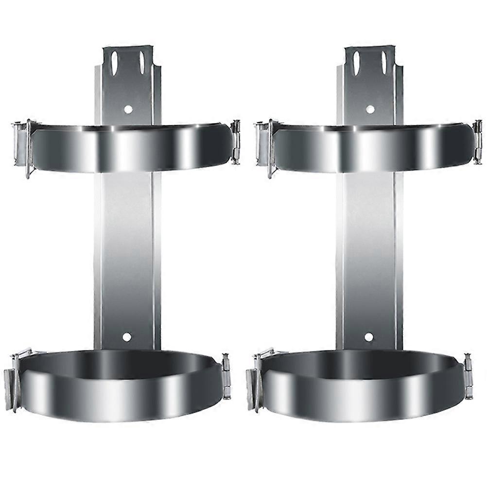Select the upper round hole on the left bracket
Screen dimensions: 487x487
coord(128,109)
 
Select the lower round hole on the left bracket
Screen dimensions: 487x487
coord(127,336)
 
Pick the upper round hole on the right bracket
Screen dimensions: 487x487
coord(370,109)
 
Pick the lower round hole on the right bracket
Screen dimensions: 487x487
coord(369,336)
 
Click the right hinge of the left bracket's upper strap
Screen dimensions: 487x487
coord(236,142)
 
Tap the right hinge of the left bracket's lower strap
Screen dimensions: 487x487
coord(226,376)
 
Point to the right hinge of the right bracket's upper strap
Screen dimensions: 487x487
coord(478,142)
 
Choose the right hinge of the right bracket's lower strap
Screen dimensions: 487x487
coord(468,376)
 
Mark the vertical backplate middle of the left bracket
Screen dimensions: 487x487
coord(127,243)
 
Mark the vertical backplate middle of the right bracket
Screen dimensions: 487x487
coord(369,243)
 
